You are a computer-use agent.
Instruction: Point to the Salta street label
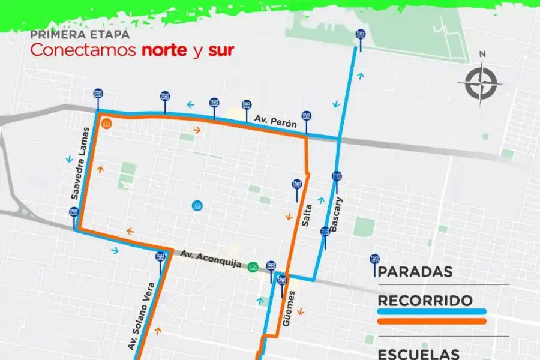coord(307,215)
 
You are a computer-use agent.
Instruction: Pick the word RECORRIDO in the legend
coord(425,301)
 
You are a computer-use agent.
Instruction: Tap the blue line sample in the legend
coord(431,312)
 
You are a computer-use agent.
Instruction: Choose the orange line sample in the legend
coord(431,322)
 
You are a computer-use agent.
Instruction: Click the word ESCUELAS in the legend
coord(418,354)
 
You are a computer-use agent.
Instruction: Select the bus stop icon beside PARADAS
coord(375,265)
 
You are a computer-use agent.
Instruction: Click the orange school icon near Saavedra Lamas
coord(107,124)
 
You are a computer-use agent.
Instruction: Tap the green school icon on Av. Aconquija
coord(253,266)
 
